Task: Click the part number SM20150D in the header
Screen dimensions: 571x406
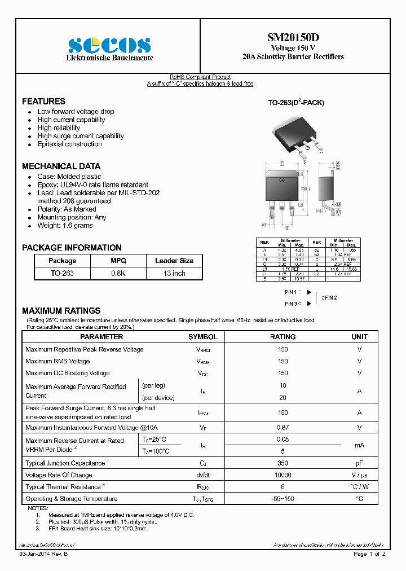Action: coord(293,38)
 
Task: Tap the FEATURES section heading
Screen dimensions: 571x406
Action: coord(43,102)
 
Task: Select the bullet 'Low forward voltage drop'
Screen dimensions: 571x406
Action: coord(76,112)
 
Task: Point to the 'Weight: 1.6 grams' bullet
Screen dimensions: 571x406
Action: coord(65,226)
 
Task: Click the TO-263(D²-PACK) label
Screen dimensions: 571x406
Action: coord(295,103)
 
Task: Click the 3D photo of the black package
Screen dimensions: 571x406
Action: coord(297,133)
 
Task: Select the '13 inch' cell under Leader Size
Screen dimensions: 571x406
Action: coord(174,273)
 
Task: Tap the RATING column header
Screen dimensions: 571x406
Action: coord(283,337)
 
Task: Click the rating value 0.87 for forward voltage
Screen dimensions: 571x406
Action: coord(283,428)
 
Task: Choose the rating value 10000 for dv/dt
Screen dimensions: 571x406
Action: coord(283,475)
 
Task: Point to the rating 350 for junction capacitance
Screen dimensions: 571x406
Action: coord(283,463)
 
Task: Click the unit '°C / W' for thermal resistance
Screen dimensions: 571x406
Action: coord(359,487)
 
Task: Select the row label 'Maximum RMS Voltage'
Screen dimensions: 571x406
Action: coord(58,361)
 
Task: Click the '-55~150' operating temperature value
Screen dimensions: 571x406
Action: coord(283,499)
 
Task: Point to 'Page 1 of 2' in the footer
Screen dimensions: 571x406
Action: coord(369,554)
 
